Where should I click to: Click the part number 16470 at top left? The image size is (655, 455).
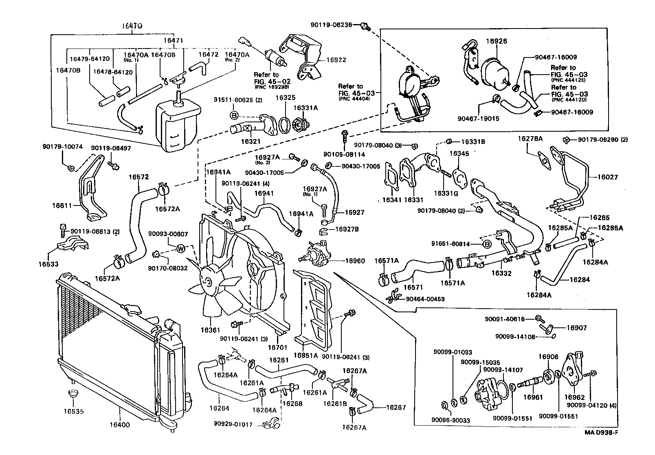[132, 25]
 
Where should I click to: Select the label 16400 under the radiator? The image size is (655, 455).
[120, 424]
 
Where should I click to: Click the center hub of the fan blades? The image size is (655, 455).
[209, 281]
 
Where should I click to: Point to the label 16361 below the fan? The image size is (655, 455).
[212, 329]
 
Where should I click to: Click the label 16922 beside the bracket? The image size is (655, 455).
[336, 60]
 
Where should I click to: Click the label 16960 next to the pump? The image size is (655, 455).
[355, 261]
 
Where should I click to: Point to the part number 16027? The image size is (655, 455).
[608, 177]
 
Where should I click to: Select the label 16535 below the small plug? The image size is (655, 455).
[74, 411]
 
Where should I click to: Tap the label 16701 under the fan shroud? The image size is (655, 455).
[277, 347]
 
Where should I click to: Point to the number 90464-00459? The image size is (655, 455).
[425, 299]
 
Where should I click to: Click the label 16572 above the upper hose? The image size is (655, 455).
[138, 177]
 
